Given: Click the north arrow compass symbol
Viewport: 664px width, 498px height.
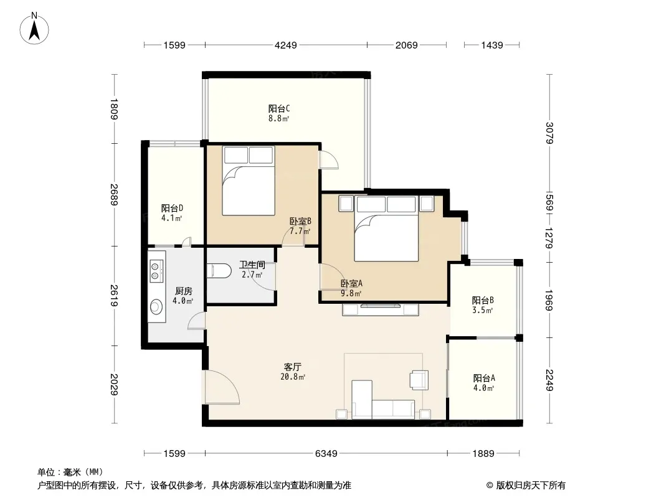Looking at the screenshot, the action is tap(34, 29).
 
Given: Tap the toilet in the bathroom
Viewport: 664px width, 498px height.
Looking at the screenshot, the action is tap(219, 271).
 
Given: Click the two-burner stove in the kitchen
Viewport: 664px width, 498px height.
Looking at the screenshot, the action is tap(156, 271).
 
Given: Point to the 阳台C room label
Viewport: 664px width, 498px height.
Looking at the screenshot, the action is tap(279, 109).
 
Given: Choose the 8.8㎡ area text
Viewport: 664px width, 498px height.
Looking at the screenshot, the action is tap(278, 119).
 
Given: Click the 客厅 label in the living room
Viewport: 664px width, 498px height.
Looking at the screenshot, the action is tap(293, 367).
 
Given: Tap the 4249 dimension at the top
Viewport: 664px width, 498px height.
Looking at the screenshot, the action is tap(286, 45).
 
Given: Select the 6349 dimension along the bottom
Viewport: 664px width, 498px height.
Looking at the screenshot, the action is tap(326, 454).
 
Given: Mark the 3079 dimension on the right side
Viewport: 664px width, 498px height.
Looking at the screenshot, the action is tap(549, 133).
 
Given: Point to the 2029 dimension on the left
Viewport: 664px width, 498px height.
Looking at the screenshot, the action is tap(114, 385).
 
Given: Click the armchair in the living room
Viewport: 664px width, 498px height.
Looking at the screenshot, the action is tap(419, 380).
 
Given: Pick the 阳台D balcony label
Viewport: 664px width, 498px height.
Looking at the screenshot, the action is tap(172, 208).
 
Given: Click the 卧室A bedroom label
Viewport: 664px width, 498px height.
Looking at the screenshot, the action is tap(351, 283).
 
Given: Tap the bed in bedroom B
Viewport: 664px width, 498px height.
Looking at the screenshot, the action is tap(249, 181).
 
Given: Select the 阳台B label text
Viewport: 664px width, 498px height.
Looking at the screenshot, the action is tap(483, 301).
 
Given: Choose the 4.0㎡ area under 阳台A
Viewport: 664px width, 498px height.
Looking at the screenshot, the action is tap(483, 388).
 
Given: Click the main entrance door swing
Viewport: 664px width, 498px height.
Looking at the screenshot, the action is tap(222, 387).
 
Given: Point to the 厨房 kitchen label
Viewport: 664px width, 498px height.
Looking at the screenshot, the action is tap(184, 291).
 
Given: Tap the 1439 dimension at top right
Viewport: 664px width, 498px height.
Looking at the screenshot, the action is tap(491, 45).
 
